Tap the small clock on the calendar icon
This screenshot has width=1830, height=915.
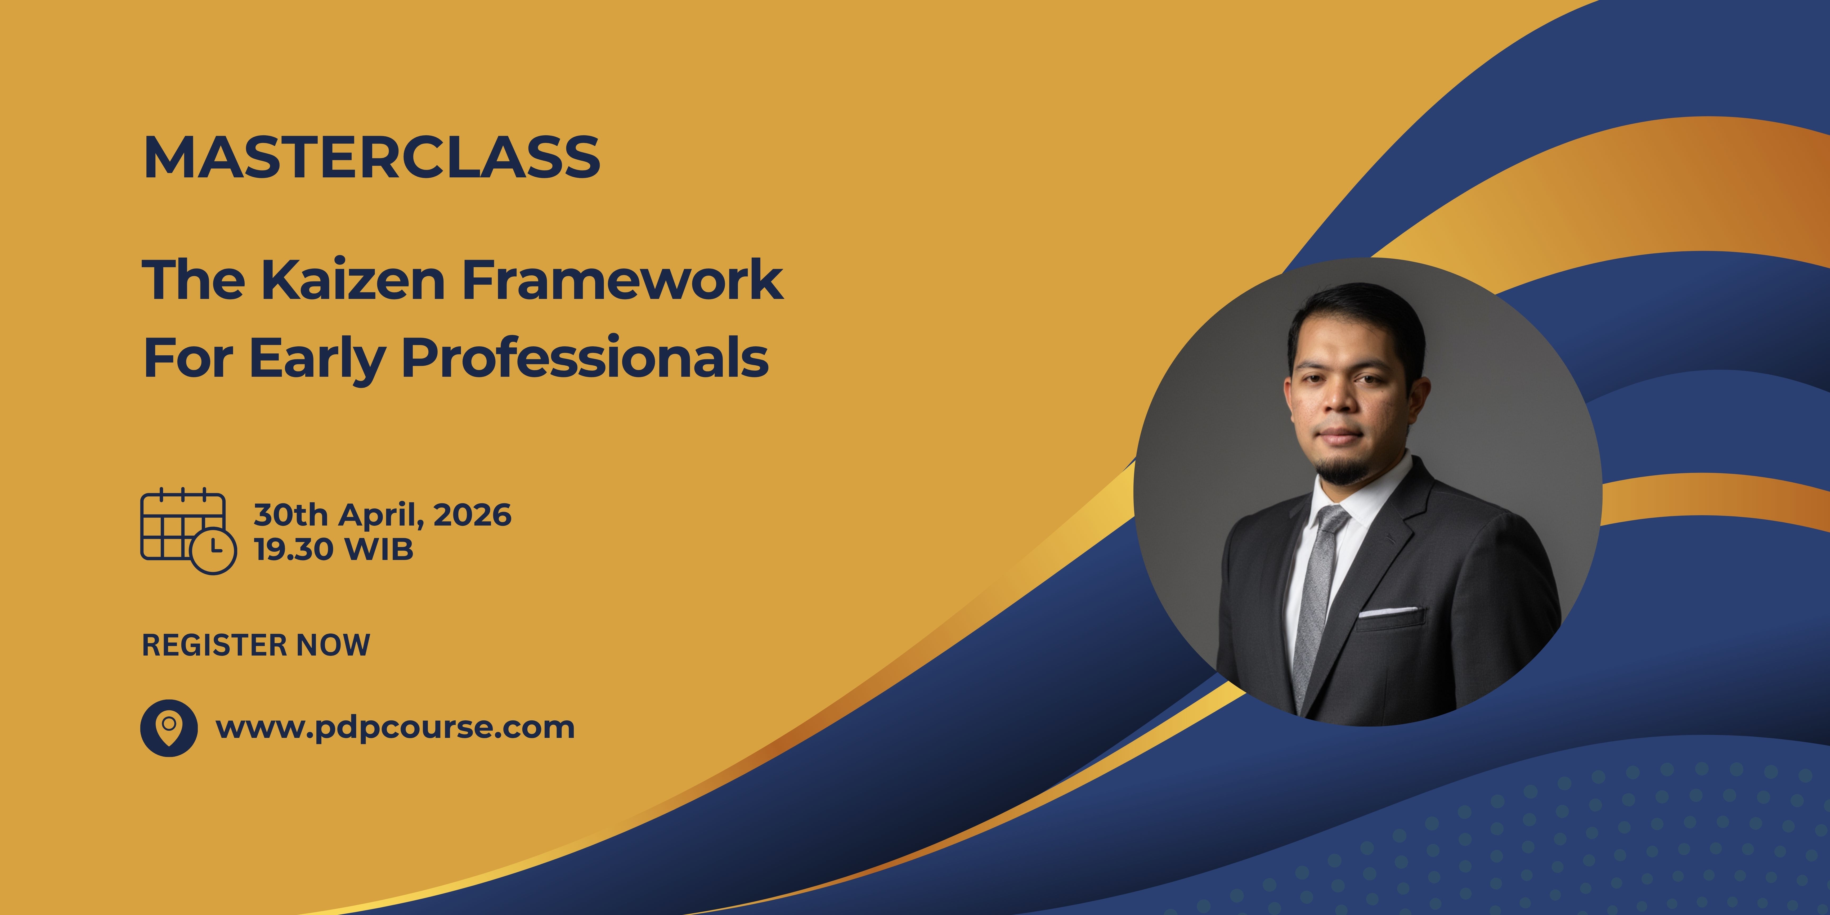[213, 551]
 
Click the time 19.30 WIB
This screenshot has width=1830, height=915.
[334, 549]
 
